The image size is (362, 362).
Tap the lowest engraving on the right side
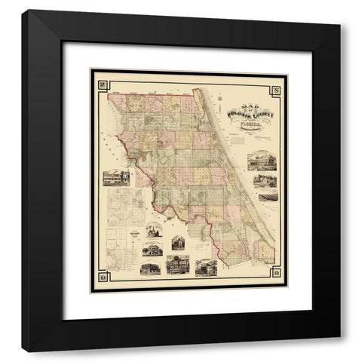pyautogui.click(x=267, y=195)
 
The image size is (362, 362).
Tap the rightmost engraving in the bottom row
pyautogui.click(x=205, y=268)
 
